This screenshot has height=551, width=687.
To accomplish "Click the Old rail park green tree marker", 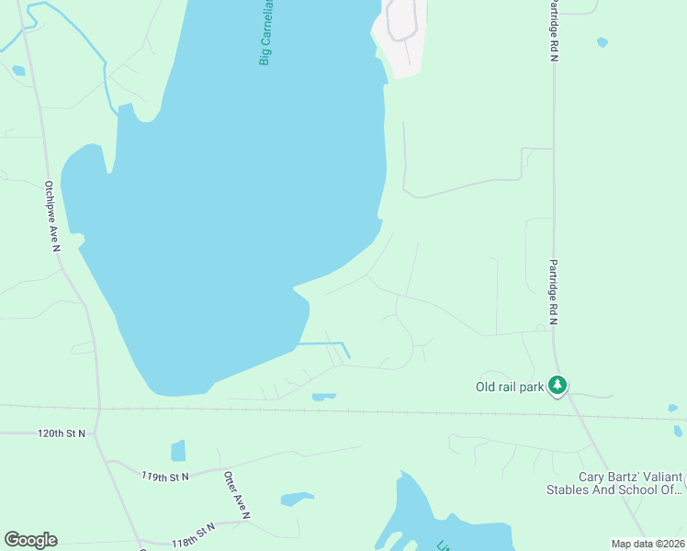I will pyautogui.click(x=557, y=386).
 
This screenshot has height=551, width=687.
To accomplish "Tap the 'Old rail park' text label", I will pyautogui.click(x=510, y=387).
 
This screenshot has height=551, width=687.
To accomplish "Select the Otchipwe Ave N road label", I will pyautogui.click(x=51, y=216).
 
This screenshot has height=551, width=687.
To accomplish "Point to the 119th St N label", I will pyautogui.click(x=165, y=477).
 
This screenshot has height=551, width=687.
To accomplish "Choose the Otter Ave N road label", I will pyautogui.click(x=235, y=496).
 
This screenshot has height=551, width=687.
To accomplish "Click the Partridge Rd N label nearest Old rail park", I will pyautogui.click(x=554, y=291).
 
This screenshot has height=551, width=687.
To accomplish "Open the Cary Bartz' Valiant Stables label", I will pyautogui.click(x=630, y=483).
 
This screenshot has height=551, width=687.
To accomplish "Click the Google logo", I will pyautogui.click(x=30, y=540).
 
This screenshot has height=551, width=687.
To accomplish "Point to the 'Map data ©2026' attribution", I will pyautogui.click(x=648, y=544).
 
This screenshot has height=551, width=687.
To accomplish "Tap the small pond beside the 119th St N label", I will pyautogui.click(x=178, y=451).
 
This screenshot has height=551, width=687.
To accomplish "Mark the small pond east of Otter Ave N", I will pyautogui.click(x=297, y=500).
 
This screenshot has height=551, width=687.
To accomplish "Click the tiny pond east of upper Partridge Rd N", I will pyautogui.click(x=602, y=42).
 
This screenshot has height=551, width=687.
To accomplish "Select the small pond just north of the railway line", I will pyautogui.click(x=323, y=397).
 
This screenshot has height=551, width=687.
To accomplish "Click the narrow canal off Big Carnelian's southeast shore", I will pyautogui.click(x=326, y=343).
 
